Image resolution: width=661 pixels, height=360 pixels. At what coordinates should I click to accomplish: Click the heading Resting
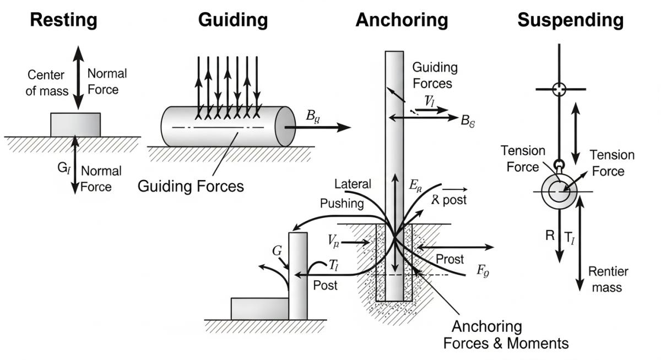tap(63, 20)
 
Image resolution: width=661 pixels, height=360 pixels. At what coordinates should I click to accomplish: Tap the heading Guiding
tap(233, 20)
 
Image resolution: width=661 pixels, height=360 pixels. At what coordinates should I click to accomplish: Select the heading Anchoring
tap(402, 20)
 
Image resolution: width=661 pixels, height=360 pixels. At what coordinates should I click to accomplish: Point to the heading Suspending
tap(570, 20)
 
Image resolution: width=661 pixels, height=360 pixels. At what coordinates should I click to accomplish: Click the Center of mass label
tap(46, 83)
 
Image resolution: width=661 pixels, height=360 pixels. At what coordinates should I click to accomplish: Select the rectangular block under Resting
tap(75, 124)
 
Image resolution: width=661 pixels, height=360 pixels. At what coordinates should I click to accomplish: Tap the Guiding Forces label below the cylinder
tap(190, 186)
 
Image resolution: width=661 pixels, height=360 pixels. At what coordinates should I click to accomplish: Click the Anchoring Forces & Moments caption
tap(506, 335)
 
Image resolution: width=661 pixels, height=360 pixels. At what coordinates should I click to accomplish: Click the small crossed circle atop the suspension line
tap(559, 89)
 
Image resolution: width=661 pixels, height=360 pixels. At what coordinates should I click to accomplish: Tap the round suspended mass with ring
tap(560, 192)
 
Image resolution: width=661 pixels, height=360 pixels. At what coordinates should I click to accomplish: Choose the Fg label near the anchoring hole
tap(483, 271)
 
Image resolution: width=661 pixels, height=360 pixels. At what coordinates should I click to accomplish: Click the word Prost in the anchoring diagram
tap(449, 259)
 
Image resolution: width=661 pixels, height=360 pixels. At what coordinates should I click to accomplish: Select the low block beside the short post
tap(259, 308)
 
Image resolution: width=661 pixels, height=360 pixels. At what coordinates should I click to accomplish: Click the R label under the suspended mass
tap(549, 236)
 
